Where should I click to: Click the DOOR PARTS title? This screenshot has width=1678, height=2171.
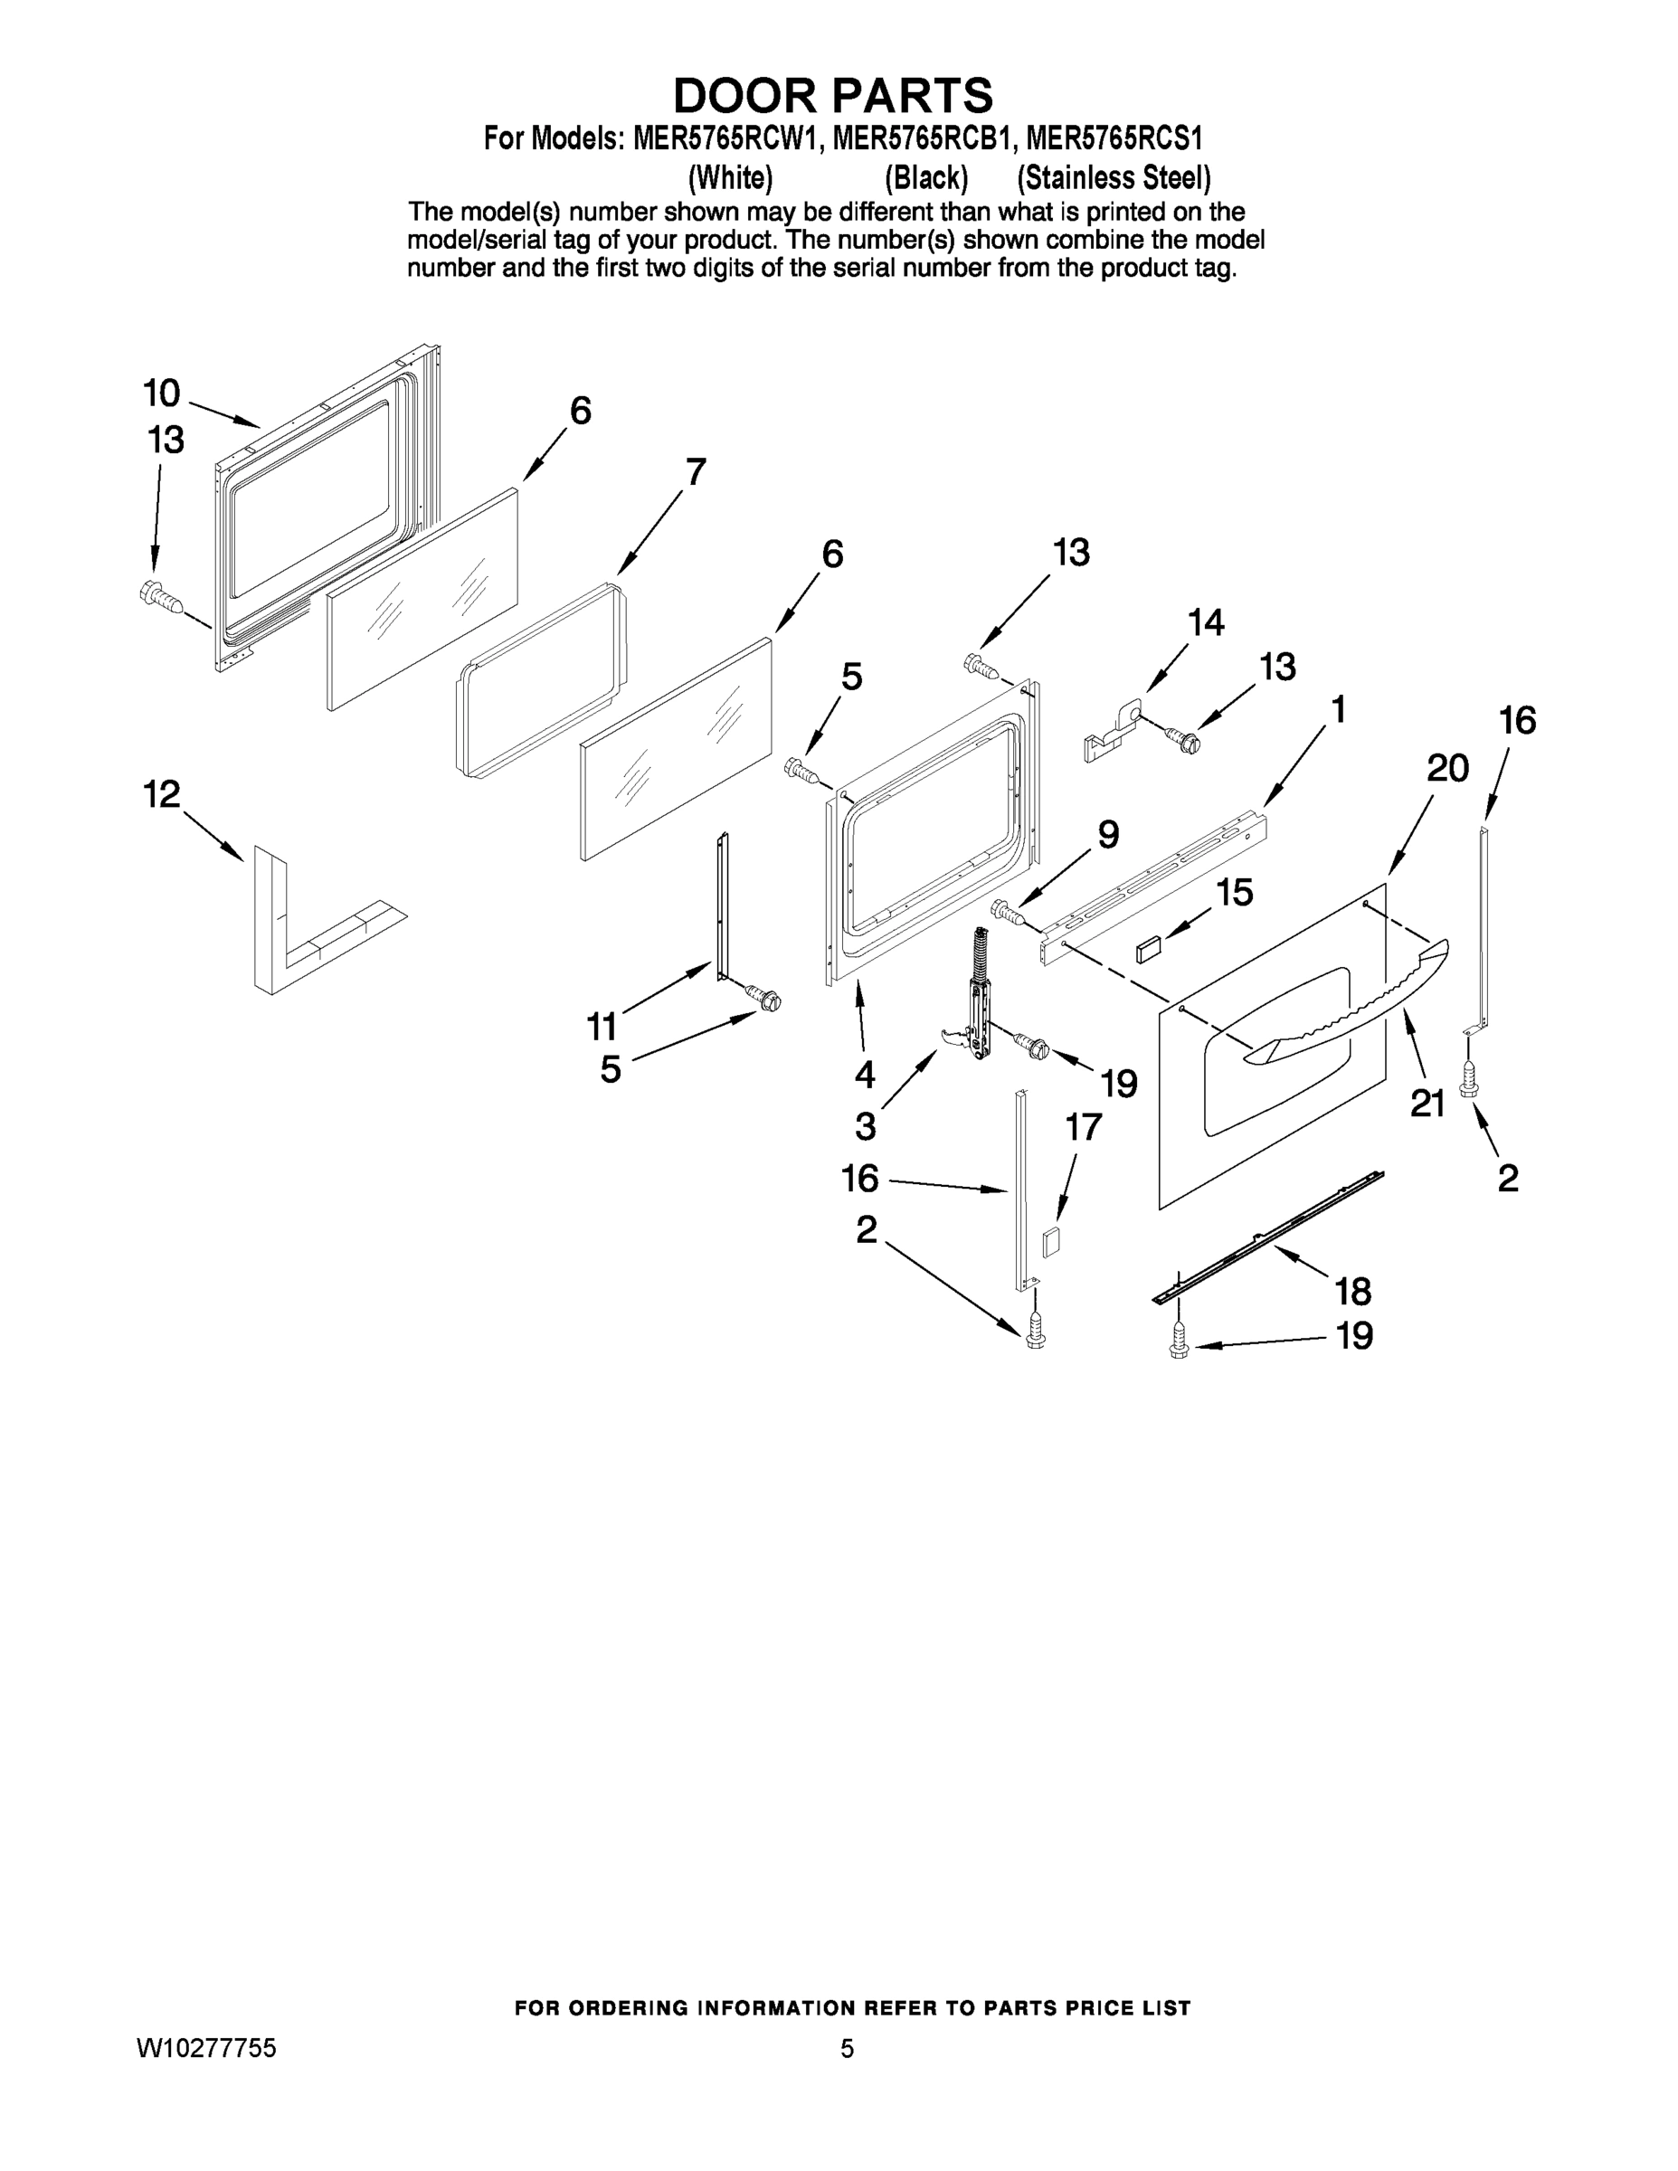coord(833,95)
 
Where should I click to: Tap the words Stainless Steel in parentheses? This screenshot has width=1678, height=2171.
coord(1114,178)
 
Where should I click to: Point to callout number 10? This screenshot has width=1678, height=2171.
coord(161,393)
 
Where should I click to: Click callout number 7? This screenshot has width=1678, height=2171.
coord(695,471)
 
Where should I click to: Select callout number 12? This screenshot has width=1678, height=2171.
coord(162,794)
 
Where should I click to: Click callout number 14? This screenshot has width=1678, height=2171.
coord(1206,623)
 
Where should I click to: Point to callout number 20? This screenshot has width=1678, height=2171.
coord(1446,768)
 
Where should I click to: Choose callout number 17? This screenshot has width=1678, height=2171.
coord(1084,1127)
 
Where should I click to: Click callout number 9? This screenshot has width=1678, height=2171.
coord(1107,834)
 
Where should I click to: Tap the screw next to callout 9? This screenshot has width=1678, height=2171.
coord(1009,911)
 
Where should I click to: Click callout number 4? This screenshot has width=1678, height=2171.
coord(864,1075)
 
